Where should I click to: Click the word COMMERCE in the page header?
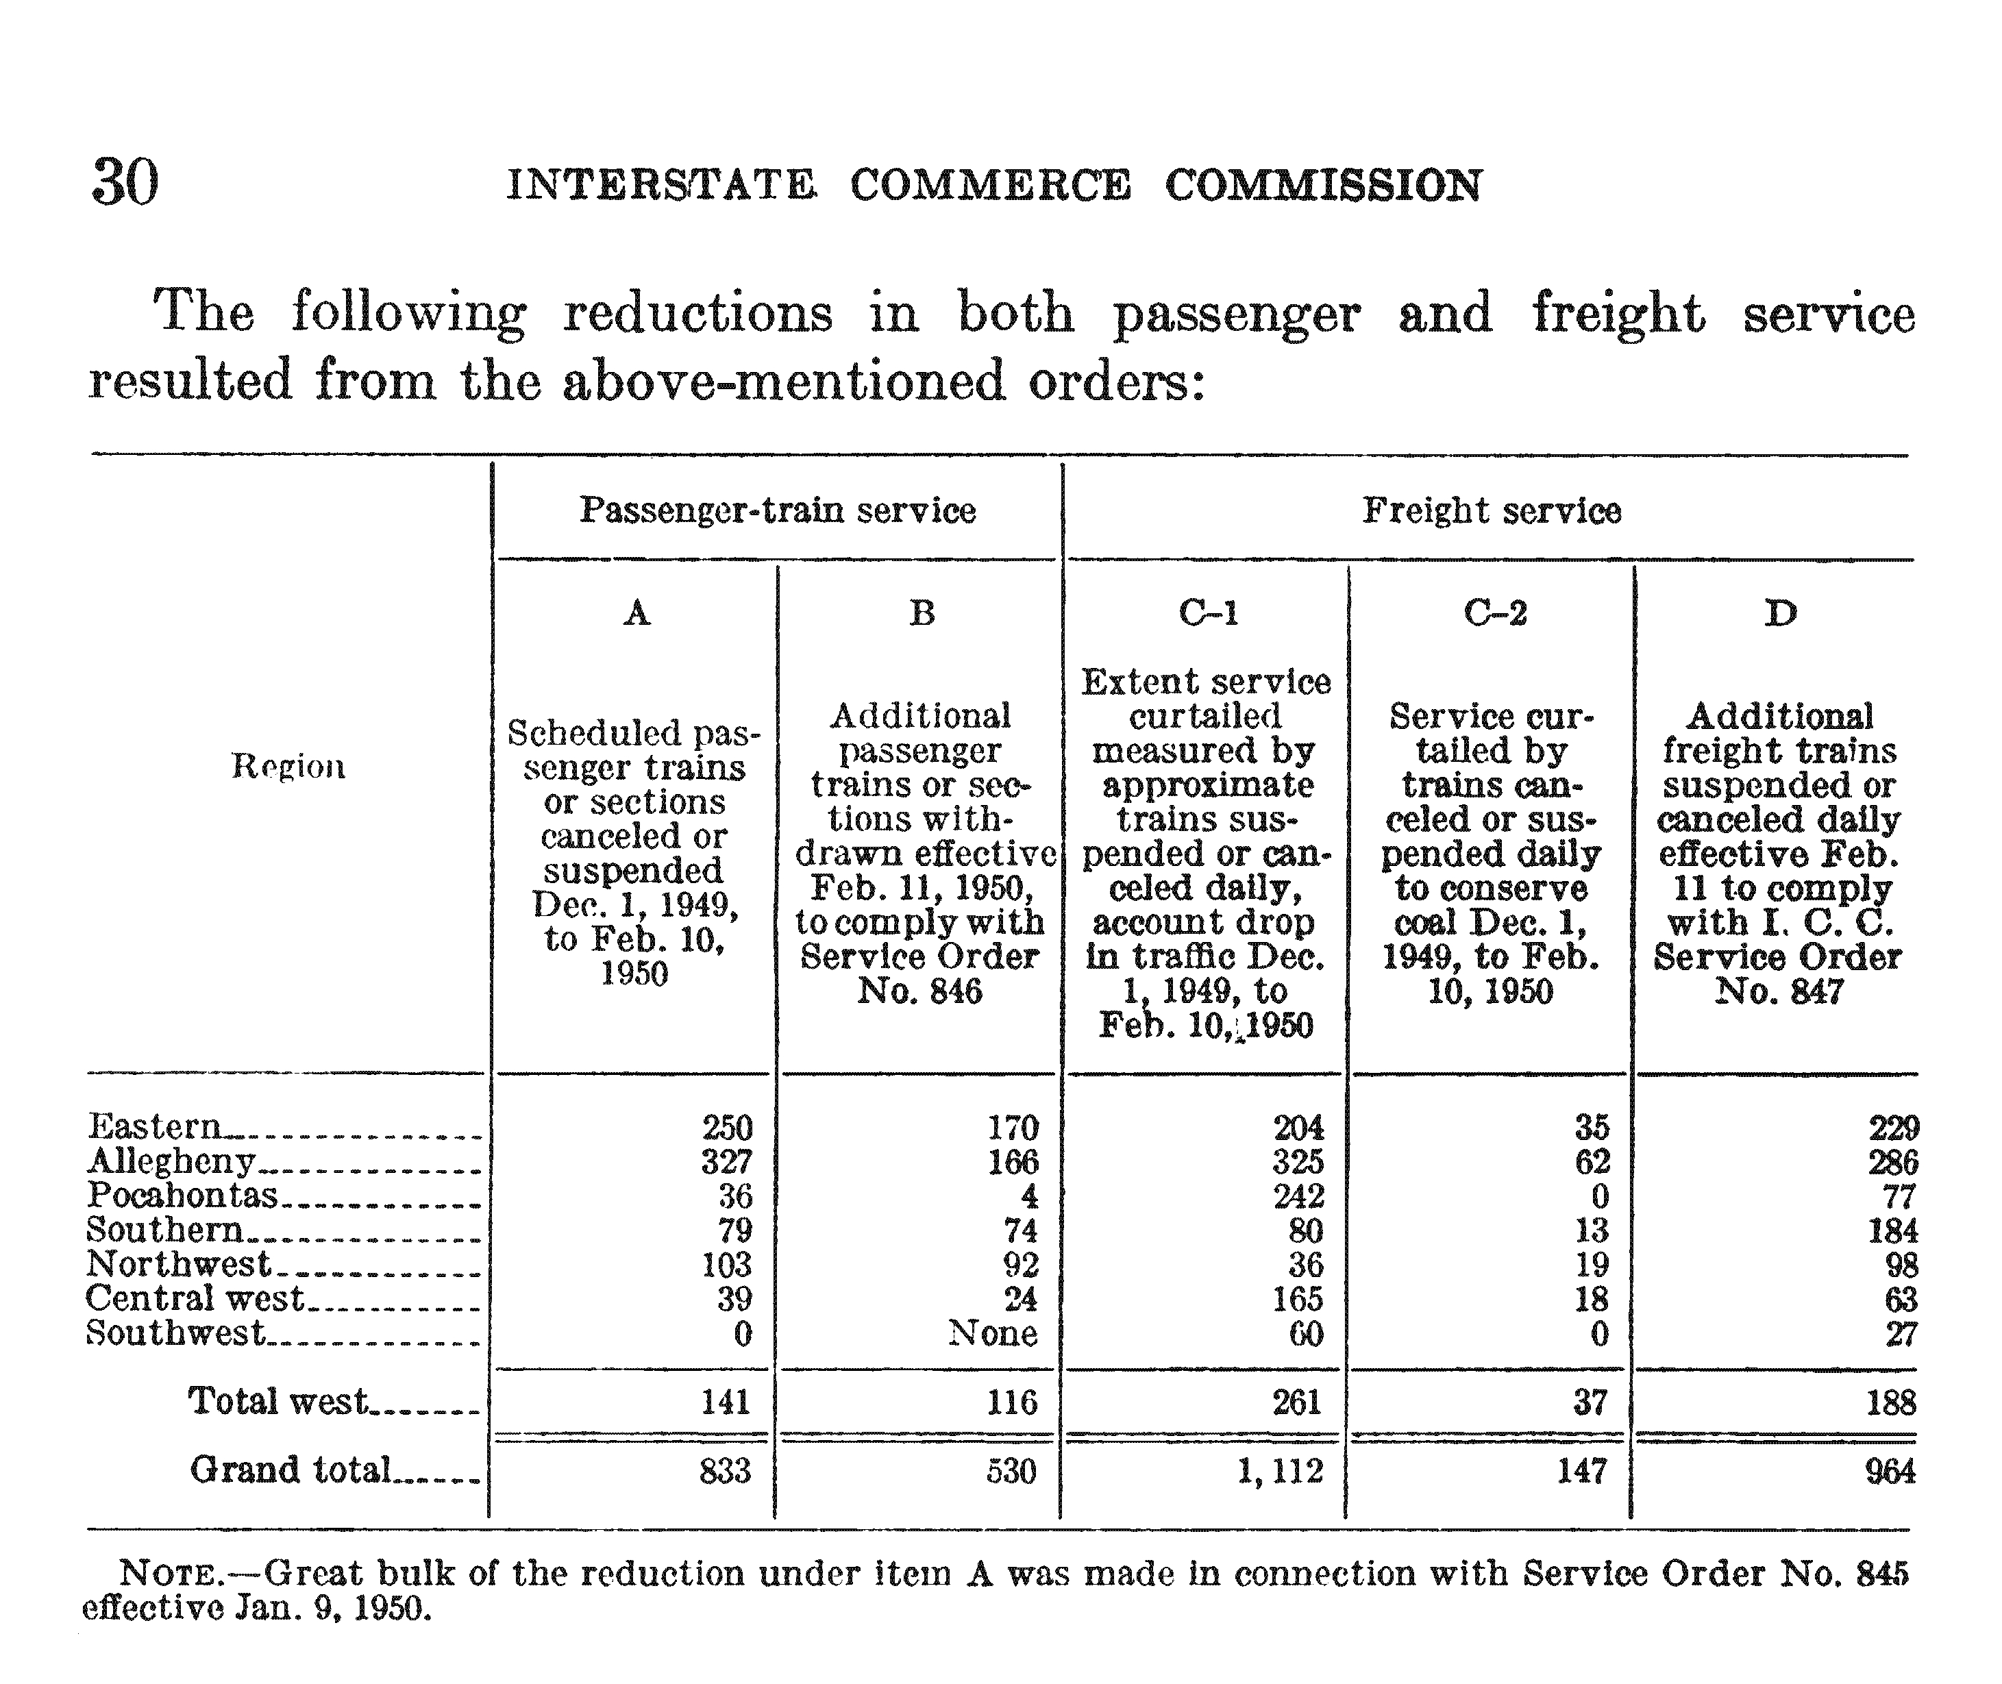990,185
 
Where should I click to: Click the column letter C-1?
1208,612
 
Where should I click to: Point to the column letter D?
1779,612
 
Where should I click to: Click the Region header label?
288,766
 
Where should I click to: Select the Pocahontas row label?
182,1196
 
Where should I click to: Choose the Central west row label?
195,1298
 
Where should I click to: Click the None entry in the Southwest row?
993,1333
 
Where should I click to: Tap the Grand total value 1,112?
1281,1471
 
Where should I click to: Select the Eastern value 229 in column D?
1893,1128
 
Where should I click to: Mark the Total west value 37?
1590,1402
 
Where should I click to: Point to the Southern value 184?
1893,1230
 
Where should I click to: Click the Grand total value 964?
1890,1471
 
